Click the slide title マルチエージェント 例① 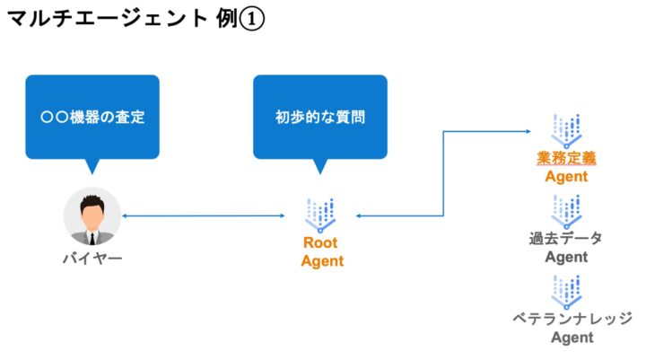click(x=135, y=19)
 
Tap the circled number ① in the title click(x=252, y=19)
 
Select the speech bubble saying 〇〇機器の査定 click(x=93, y=116)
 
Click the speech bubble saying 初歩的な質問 click(x=320, y=116)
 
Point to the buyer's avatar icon click(x=92, y=216)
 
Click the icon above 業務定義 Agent click(x=567, y=131)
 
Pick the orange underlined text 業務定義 click(x=567, y=158)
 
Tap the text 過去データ click(x=567, y=239)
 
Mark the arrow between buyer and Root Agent click(x=215, y=216)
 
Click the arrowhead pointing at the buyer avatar click(x=126, y=216)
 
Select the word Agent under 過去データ click(x=567, y=258)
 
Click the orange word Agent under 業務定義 click(x=567, y=177)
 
